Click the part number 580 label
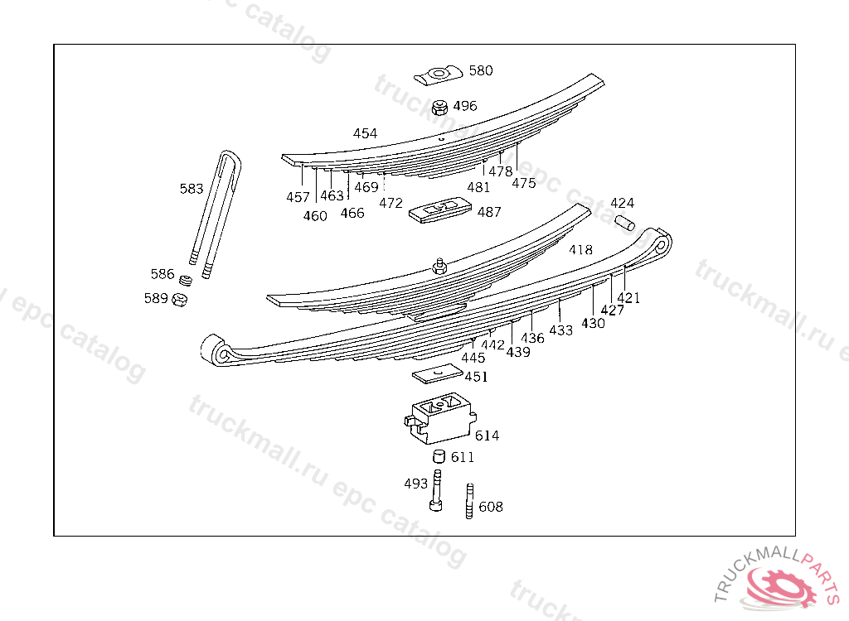[x=481, y=71]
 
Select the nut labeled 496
[x=440, y=108]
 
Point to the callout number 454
[x=365, y=133]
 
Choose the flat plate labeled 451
[x=437, y=374]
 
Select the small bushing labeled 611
[x=438, y=456]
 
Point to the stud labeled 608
[x=469, y=501]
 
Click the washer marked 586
[x=187, y=279]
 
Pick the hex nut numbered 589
[x=179, y=299]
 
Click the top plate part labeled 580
[x=437, y=75]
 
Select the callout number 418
[x=580, y=250]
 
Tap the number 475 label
[x=523, y=184]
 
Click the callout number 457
[x=298, y=198]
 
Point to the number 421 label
[x=628, y=298]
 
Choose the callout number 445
[x=473, y=358]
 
